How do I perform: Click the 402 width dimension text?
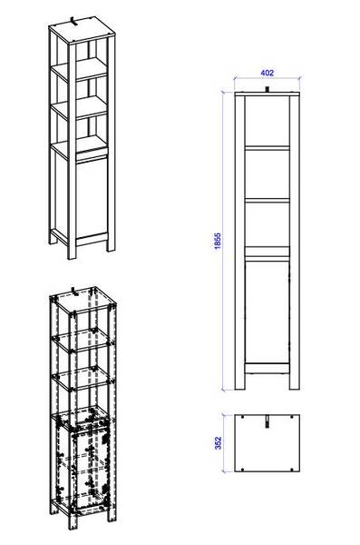click(x=267, y=73)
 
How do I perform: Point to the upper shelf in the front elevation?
click(x=267, y=144)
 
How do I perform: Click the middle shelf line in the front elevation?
click(x=267, y=199)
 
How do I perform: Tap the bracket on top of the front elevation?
click(x=268, y=89)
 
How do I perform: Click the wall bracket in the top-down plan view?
click(x=268, y=421)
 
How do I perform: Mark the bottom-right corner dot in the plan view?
click(x=293, y=466)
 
